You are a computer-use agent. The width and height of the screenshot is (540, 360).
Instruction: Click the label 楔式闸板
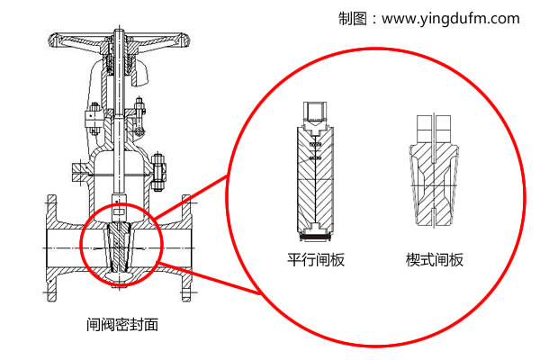click(x=435, y=260)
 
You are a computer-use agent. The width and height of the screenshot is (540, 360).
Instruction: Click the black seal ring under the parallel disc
click(x=316, y=238)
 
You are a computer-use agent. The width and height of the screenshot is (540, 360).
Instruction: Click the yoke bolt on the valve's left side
click(x=91, y=115)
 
